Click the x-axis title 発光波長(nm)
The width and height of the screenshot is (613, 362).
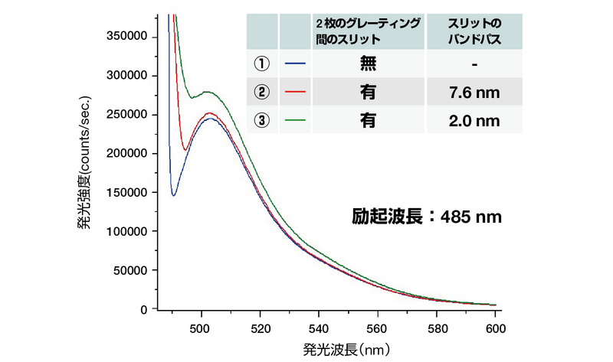tap(348, 349)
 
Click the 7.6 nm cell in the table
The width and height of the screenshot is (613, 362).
tap(475, 93)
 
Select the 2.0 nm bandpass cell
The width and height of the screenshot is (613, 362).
tap(475, 120)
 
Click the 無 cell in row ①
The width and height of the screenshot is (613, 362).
tap(367, 64)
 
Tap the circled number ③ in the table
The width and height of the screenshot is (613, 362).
tap(263, 120)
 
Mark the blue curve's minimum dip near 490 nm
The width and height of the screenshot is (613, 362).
tap(174, 195)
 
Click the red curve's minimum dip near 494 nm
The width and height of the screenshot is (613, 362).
tap(185, 149)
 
